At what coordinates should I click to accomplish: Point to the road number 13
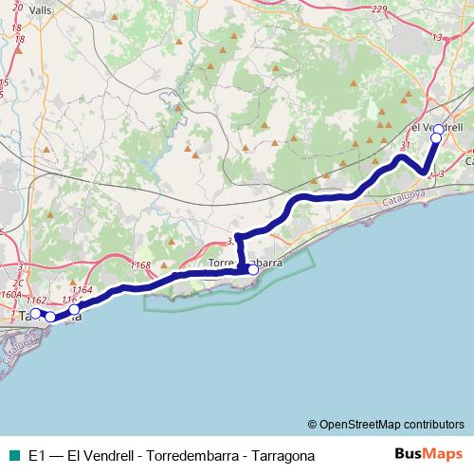pyautogui.click(x=438, y=38)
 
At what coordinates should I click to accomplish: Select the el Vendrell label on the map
pyautogui.click(x=435, y=126)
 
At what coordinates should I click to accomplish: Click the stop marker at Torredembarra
pyautogui.click(x=253, y=269)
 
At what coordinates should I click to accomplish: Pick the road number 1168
pyautogui.click(x=141, y=265)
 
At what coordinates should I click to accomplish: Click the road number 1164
pyautogui.click(x=82, y=289)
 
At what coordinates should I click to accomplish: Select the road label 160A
pyautogui.click(x=10, y=294)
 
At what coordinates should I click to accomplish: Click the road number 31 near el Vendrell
pyautogui.click(x=406, y=145)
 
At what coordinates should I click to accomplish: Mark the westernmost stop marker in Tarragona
pyautogui.click(x=35, y=314)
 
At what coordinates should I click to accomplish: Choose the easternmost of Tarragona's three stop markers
pyautogui.click(x=74, y=309)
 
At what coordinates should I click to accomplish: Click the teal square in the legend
pyautogui.click(x=11, y=456)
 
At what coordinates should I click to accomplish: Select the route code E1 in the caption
pyautogui.click(x=36, y=456)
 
